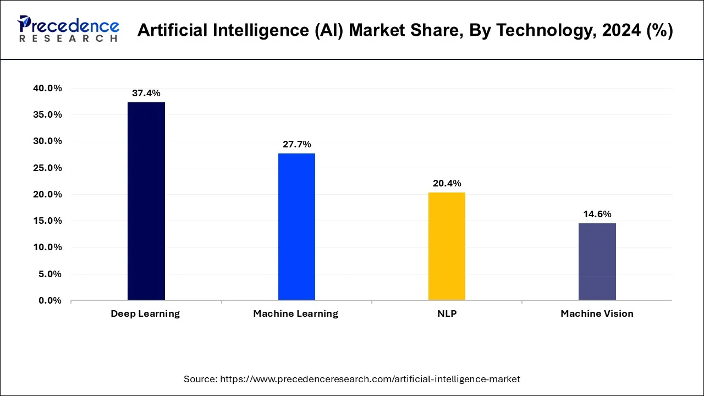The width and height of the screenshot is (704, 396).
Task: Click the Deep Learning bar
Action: [146, 201]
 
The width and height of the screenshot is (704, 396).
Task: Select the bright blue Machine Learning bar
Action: [296, 227]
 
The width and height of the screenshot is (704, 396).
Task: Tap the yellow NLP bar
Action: [447, 246]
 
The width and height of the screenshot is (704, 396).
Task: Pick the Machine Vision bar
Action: [597, 261]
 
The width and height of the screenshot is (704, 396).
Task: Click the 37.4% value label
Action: [146, 94]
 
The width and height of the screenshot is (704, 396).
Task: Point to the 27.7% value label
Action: [296, 145]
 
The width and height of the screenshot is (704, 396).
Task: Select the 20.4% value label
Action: [447, 184]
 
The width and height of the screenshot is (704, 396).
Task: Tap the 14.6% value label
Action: [597, 215]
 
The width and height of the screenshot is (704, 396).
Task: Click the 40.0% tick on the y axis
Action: [47, 89]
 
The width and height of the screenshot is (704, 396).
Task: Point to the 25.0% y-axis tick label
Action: [47, 168]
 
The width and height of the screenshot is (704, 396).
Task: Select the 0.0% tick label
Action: [50, 301]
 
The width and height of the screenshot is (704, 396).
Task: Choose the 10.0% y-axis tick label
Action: [47, 248]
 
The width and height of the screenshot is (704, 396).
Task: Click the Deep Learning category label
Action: [145, 314]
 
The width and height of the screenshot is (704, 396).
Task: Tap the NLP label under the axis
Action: [447, 314]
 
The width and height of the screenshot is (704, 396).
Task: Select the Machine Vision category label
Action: [597, 314]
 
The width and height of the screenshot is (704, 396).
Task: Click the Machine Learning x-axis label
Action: [295, 314]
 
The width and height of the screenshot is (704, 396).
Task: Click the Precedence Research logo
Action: [68, 29]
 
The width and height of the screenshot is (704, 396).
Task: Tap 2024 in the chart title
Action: [619, 31]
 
